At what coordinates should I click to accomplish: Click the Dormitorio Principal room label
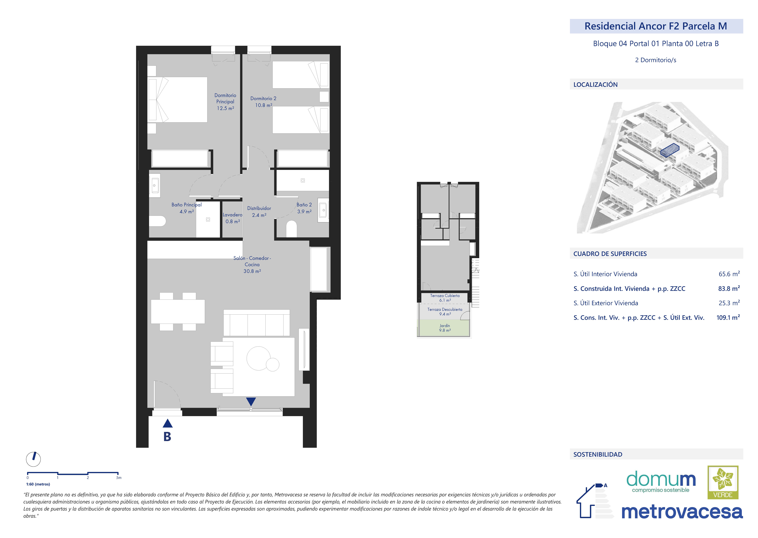[225, 102]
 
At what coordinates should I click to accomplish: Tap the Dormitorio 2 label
[263, 102]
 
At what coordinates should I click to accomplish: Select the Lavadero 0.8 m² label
[233, 218]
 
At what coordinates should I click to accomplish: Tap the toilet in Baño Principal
[157, 221]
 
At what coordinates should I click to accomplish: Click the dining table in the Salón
[178, 311]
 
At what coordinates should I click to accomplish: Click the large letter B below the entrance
[167, 437]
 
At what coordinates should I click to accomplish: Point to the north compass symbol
[34, 459]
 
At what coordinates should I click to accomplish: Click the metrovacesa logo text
[682, 512]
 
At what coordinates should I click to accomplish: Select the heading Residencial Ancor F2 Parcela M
[656, 26]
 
